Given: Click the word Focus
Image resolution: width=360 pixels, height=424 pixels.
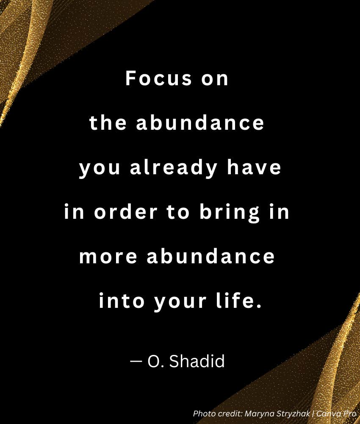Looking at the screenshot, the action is (158, 78).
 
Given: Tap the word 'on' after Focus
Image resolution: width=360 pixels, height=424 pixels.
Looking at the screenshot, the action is (215, 80).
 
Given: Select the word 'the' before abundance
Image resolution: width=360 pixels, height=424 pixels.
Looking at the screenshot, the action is (108, 123).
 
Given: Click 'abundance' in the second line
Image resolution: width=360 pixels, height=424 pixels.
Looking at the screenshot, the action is (200, 123).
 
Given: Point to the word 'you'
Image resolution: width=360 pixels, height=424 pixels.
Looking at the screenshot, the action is (100, 169).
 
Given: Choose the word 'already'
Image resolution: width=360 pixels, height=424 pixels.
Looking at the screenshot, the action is (174, 168).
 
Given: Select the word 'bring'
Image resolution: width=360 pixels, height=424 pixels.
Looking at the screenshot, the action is (229, 212).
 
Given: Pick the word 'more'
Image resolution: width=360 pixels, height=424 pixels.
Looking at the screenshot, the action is (108, 257).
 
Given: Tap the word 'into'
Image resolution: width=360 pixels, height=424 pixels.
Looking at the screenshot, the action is (122, 301).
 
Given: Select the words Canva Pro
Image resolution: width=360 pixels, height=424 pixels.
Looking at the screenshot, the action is (336, 413).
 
